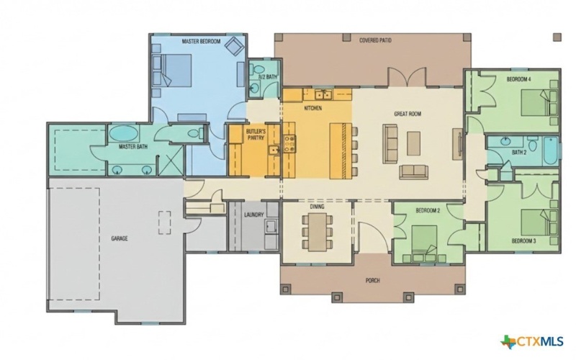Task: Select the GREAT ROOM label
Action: click(408, 114)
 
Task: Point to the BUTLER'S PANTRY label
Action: click(256, 135)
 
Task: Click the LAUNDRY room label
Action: click(254, 215)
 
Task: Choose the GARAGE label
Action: click(119, 238)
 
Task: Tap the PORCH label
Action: click(372, 280)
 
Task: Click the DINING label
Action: click(318, 207)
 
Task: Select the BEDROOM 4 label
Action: click(518, 78)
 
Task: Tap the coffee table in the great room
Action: click(413, 144)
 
